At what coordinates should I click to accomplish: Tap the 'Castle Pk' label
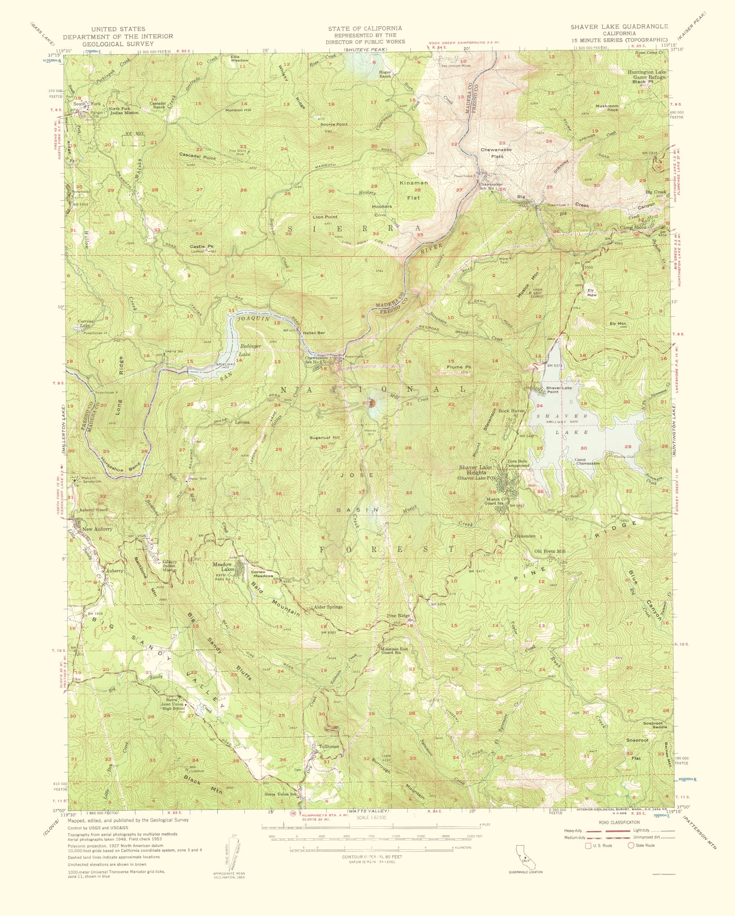click(x=202, y=247)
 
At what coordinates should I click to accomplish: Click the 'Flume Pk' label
click(x=457, y=367)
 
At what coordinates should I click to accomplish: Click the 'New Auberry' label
click(x=97, y=529)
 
